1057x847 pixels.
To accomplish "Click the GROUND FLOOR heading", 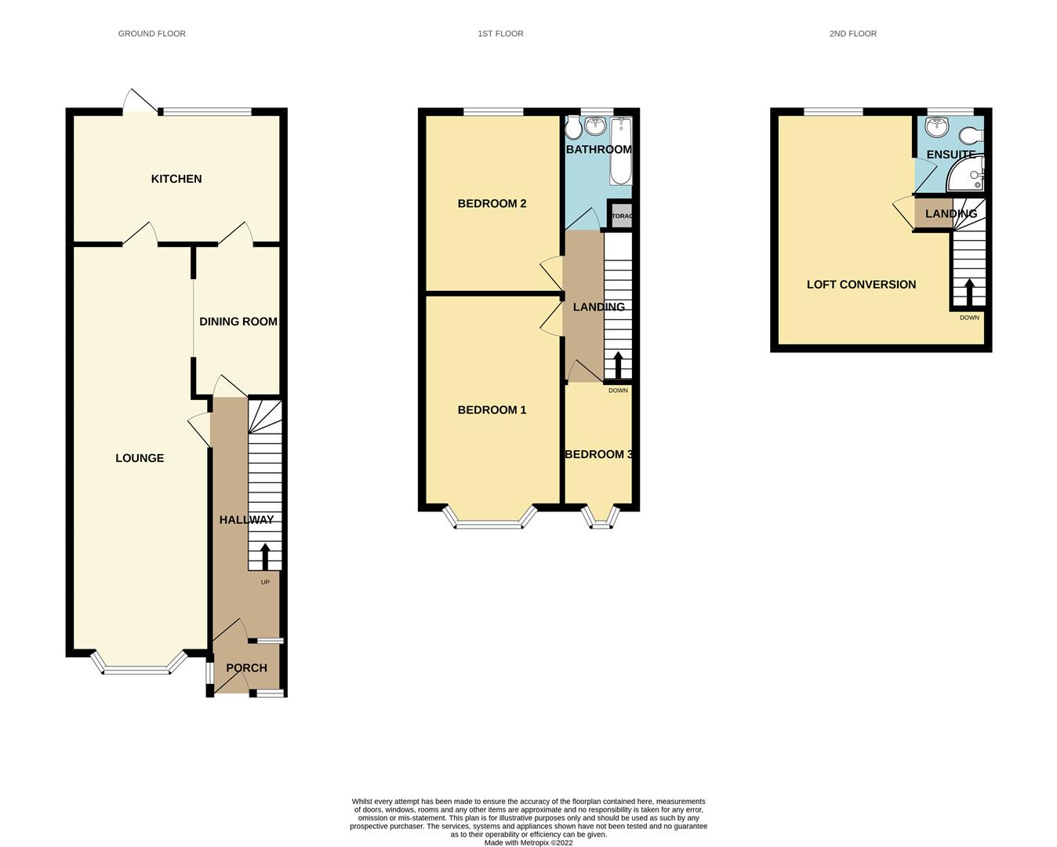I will (151, 34).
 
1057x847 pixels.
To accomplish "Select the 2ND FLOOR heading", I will (852, 34).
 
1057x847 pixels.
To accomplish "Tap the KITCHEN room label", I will (176, 179).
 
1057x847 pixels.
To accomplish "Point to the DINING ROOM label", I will (238, 322).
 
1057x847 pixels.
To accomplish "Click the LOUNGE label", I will (140, 458).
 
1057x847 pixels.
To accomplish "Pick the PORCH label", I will (246, 668).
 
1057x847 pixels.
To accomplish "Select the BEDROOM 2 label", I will (492, 204).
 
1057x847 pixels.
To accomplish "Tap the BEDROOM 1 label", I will (492, 410).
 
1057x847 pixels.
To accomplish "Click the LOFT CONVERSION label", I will (861, 285).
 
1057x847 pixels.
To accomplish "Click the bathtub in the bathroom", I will (620, 151).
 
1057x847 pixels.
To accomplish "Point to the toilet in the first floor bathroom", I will (573, 125).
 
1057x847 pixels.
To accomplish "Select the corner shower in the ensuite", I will (966, 176).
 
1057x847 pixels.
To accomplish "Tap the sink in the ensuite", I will (937, 127).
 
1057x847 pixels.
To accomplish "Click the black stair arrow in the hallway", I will (264, 556).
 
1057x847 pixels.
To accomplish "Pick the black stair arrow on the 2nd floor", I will (969, 293).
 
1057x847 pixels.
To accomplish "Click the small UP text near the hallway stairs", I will (265, 582).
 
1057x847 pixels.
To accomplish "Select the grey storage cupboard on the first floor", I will (620, 216).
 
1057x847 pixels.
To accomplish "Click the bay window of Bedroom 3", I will (601, 522).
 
